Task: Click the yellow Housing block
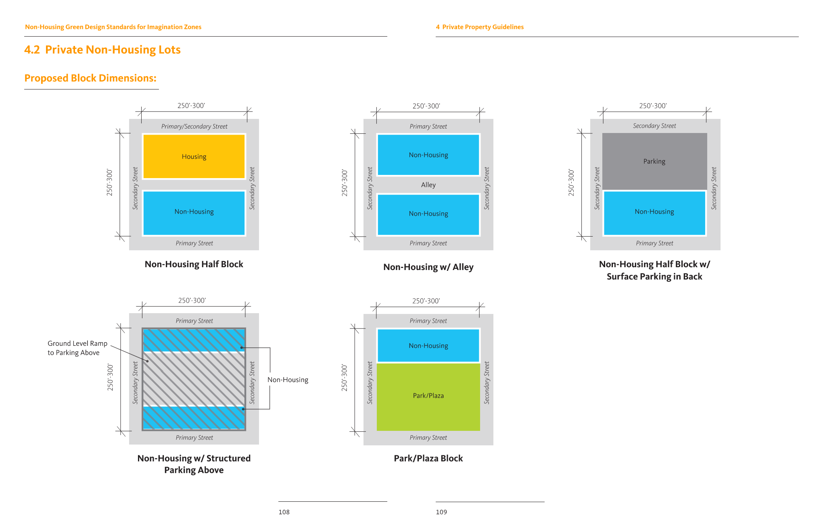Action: click(x=194, y=156)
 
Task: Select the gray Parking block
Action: click(x=654, y=161)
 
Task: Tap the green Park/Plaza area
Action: click(x=428, y=396)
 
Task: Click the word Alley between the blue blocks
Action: click(x=428, y=185)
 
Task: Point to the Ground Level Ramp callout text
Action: click(x=77, y=348)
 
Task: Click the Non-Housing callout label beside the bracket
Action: click(x=288, y=380)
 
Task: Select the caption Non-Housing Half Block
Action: click(x=194, y=264)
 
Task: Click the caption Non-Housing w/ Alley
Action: click(x=428, y=267)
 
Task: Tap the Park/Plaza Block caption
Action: click(x=428, y=458)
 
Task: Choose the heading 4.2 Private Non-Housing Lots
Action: click(x=102, y=50)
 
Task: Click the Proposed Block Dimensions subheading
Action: click(x=90, y=78)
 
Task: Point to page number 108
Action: click(x=284, y=512)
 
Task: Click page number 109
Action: click(x=441, y=512)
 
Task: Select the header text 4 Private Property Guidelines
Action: click(x=480, y=27)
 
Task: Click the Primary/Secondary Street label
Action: click(x=194, y=127)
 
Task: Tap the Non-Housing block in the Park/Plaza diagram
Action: click(x=428, y=346)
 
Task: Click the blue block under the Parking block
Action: click(x=654, y=212)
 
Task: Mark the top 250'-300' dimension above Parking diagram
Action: click(x=653, y=106)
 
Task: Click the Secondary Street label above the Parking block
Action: click(x=654, y=126)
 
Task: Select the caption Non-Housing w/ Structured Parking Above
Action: click(x=194, y=464)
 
